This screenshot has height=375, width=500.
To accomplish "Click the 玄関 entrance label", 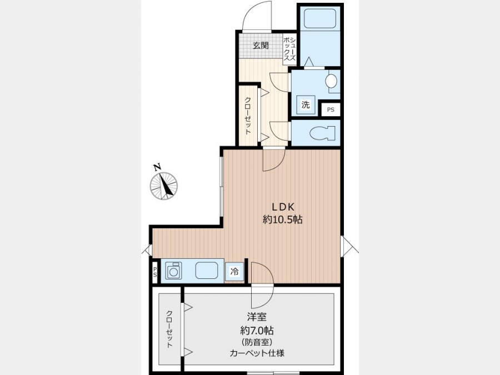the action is [x=261, y=46].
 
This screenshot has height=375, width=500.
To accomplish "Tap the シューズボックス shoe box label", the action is [x=290, y=49].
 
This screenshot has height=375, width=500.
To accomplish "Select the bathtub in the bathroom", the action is [x=319, y=18].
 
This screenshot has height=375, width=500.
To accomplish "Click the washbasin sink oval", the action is [x=331, y=81].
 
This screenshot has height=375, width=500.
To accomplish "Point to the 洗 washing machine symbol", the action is [x=306, y=104].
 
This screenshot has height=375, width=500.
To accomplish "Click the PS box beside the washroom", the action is [x=331, y=109].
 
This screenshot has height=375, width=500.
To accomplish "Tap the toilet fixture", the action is [x=323, y=133].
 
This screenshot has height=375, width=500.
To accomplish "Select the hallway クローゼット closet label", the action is [x=247, y=116].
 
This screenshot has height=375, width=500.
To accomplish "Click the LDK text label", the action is [x=283, y=207].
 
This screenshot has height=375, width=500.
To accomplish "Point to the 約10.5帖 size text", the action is [x=283, y=219].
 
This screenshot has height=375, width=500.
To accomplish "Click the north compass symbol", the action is [x=163, y=183].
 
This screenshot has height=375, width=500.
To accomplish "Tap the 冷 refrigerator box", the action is [x=234, y=272].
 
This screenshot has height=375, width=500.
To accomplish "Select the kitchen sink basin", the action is [x=207, y=271].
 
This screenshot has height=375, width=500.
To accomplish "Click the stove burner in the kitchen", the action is [x=173, y=271].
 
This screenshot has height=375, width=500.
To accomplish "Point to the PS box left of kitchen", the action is [x=155, y=273].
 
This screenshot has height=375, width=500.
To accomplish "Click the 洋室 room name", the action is [x=257, y=317].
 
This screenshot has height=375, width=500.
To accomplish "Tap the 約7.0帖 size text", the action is [x=257, y=330].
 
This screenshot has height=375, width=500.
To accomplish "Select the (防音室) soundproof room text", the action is [x=257, y=342].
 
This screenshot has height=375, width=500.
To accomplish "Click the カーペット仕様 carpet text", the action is [x=257, y=353].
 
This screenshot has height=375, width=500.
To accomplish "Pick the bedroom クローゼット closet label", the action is [x=169, y=329].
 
